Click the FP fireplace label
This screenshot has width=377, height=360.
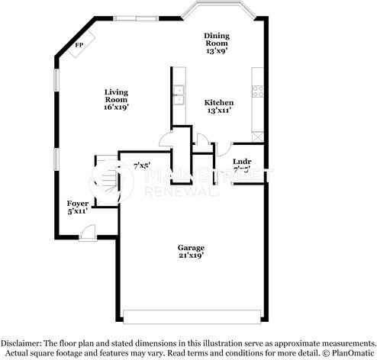[x=79, y=45]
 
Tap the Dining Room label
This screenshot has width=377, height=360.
[x=216, y=40]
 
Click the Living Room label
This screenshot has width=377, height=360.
[x=116, y=95]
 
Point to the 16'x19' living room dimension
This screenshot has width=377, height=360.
[x=116, y=108]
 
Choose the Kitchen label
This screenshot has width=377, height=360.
[x=218, y=102]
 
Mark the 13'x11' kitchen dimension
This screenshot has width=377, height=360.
[x=218, y=111]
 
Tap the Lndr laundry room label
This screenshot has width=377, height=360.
[x=241, y=162]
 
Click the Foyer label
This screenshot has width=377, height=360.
[x=78, y=204]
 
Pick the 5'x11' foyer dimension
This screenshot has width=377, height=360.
[x=78, y=212]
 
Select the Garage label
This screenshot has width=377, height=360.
[x=191, y=248]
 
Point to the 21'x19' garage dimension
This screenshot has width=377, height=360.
[x=191, y=256]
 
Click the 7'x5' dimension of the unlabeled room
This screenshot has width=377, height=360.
[x=142, y=165]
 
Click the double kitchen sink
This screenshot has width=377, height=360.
[x=179, y=95]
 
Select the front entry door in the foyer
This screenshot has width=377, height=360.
[x=89, y=231]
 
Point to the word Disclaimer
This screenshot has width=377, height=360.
[x=23, y=342]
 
